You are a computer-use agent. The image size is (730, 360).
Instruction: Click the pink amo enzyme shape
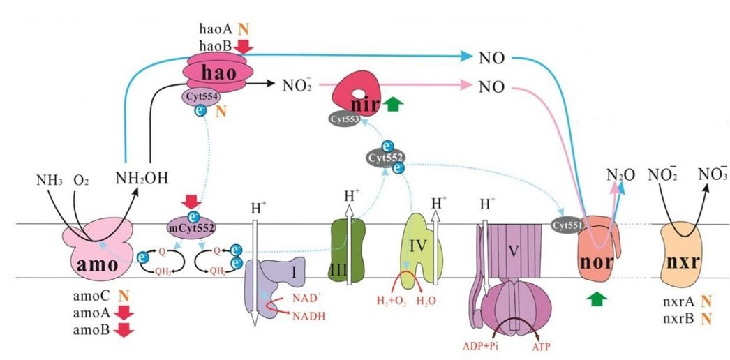coord(98,250)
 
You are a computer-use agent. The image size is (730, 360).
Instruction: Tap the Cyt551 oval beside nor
coord(569,225)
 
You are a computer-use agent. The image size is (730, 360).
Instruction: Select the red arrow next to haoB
coord(245,45)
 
